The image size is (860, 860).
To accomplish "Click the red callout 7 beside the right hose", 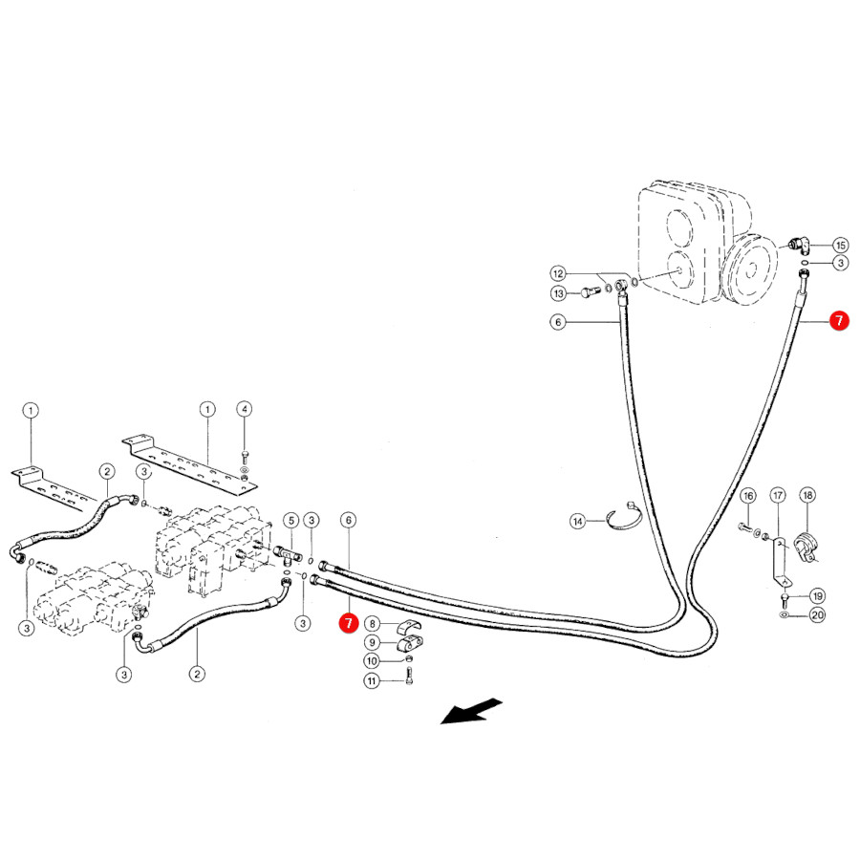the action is (x=839, y=320).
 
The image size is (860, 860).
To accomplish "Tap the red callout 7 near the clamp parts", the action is (x=348, y=622).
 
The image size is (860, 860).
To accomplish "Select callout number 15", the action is (x=840, y=246).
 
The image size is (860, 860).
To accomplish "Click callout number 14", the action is (x=577, y=521).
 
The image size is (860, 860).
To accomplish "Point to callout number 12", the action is (x=558, y=273).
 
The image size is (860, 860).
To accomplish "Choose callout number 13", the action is (x=558, y=294).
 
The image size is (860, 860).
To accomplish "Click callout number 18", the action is (x=807, y=496).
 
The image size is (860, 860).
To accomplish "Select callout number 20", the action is (x=817, y=614).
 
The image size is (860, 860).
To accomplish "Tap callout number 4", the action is (x=245, y=409).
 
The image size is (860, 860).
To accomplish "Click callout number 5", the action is (x=291, y=521).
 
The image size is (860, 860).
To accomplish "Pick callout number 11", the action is (x=372, y=681).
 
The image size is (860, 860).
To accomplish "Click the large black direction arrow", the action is (x=470, y=711).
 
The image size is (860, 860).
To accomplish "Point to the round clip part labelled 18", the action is (x=807, y=546).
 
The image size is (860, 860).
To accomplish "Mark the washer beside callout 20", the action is (x=785, y=614).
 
